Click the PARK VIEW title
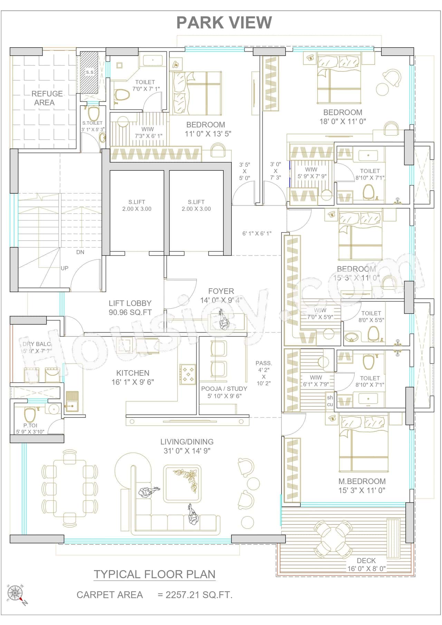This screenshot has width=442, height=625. (x=224, y=22)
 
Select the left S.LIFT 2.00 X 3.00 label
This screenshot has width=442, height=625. (x=137, y=205)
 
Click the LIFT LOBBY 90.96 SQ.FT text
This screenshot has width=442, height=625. (x=130, y=308)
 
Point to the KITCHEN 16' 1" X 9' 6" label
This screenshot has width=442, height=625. (x=133, y=377)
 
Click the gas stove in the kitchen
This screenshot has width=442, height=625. (x=188, y=374)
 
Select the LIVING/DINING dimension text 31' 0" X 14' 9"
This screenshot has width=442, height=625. (x=187, y=451)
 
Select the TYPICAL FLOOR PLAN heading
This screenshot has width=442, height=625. (x=155, y=574)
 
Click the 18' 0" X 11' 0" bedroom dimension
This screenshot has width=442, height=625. (x=343, y=121)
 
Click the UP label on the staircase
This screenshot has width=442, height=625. (x=65, y=268)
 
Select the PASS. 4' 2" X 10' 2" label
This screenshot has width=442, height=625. (x=263, y=373)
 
